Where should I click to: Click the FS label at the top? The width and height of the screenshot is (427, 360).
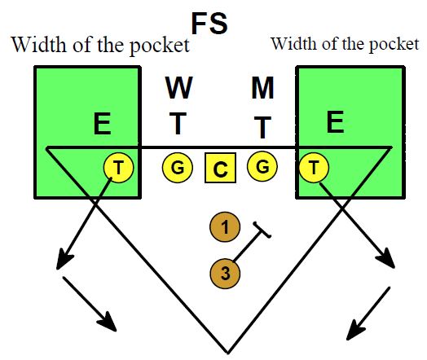coord(209,24)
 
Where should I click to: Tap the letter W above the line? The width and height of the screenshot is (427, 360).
coord(179,87)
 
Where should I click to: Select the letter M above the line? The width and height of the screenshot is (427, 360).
coord(263,87)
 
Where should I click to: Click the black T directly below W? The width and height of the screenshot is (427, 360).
coord(178,125)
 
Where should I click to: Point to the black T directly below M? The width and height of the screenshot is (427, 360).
coord(262,126)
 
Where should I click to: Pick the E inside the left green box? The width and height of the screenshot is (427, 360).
coord(102,125)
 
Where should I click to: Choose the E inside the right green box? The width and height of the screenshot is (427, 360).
coord(335,123)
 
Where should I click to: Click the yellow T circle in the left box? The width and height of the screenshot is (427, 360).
coord(119,168)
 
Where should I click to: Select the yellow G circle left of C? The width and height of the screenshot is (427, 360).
coord(176,168)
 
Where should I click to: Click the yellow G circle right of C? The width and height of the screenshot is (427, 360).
coord(263,168)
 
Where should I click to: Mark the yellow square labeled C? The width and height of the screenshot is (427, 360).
coord(220,169)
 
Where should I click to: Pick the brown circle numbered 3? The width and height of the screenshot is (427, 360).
coord(224,272)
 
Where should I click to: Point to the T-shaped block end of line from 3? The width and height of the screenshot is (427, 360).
coord(262,230)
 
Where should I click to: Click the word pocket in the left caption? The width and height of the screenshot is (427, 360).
coord(161,45)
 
